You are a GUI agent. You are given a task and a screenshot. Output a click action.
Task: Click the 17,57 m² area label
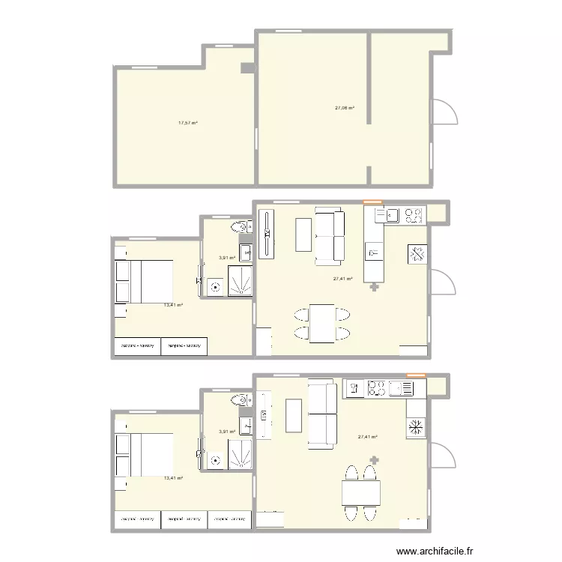[187, 123]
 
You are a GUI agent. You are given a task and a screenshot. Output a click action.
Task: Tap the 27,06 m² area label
[344, 108]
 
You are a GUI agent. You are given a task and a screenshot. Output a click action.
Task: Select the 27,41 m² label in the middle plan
[342, 278]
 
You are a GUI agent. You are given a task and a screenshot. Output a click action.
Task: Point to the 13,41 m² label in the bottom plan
[173, 477]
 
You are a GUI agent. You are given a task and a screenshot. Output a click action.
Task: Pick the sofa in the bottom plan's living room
[323, 415]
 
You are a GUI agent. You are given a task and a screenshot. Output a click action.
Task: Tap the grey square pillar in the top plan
[247, 69]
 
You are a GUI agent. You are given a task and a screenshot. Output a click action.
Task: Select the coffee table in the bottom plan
[294, 416]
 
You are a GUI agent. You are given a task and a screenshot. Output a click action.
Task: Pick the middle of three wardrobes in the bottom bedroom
[184, 519]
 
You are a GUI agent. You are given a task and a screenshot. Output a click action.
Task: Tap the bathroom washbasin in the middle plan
[246, 250]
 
